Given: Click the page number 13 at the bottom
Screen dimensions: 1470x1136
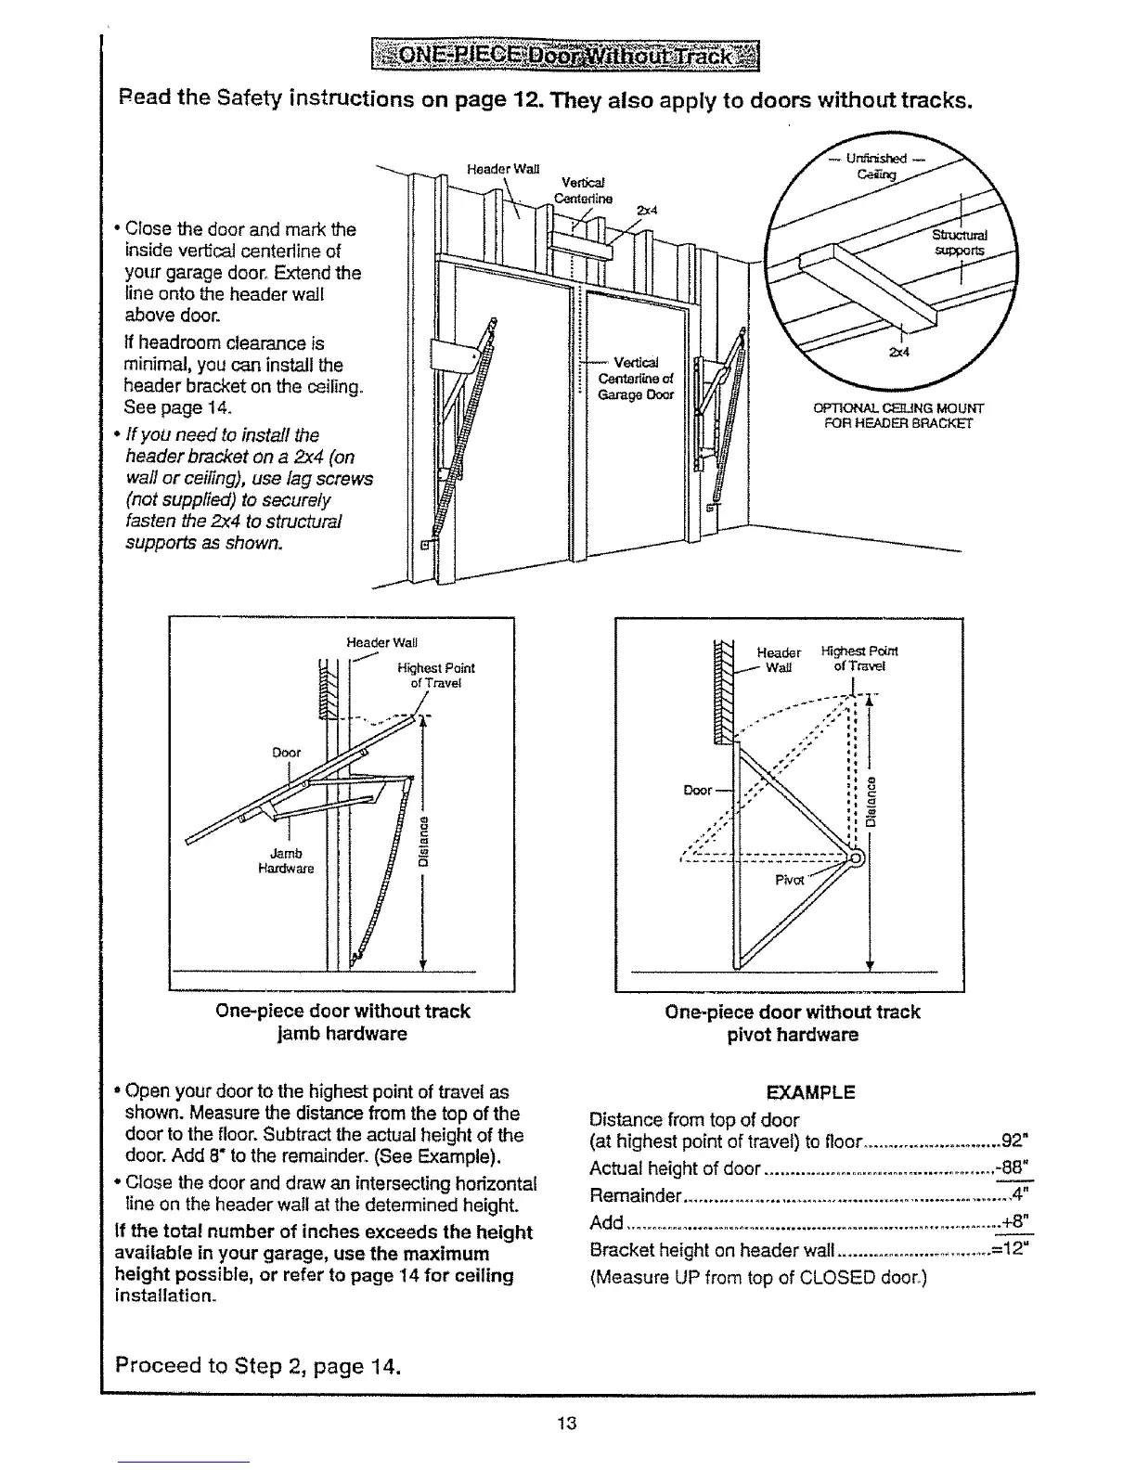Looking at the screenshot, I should click(x=568, y=1423).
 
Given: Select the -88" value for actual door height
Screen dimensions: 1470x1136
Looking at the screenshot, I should click(x=1013, y=1167).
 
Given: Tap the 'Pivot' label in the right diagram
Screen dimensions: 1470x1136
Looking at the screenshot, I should click(x=789, y=879).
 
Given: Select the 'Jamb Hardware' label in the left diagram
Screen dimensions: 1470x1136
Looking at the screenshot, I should click(x=286, y=860).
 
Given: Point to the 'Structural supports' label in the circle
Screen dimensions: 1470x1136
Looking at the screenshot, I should click(x=961, y=242).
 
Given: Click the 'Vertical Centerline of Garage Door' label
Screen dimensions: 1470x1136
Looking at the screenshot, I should click(x=636, y=378).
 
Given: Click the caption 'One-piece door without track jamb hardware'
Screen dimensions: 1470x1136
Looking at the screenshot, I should click(x=342, y=1022).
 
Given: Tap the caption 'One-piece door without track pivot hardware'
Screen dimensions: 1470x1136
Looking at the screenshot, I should click(x=792, y=1023).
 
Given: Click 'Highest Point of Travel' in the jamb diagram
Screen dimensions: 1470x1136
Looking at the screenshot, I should click(x=435, y=675).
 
